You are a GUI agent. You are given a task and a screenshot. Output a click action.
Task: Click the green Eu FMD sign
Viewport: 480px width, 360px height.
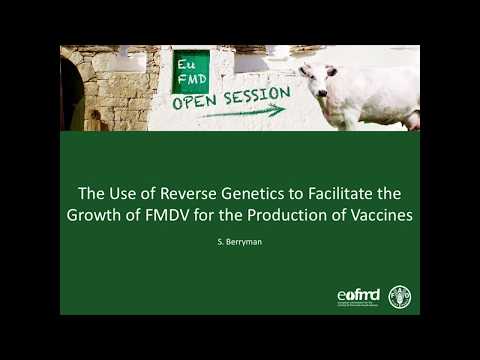point(191,70)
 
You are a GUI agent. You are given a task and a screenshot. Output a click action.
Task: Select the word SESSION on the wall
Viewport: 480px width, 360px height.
point(256,97)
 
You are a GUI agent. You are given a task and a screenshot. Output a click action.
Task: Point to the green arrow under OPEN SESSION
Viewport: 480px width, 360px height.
point(240,113)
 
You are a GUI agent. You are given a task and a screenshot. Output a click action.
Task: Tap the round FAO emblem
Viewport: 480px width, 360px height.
point(400,297)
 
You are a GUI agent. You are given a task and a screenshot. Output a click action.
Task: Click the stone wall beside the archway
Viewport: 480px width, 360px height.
point(110,90)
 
